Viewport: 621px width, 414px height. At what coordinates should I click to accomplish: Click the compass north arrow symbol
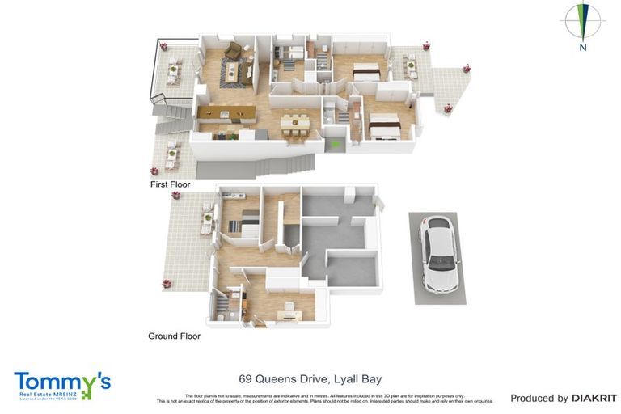582,21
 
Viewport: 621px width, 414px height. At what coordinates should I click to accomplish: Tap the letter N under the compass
582,48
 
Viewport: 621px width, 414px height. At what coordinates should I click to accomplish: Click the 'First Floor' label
170,184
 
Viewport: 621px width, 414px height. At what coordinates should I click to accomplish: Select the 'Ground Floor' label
174,336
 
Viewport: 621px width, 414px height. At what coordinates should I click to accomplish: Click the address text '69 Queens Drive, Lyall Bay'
310,378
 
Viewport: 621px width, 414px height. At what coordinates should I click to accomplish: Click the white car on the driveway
438,254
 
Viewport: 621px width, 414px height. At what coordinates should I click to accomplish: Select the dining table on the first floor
294,124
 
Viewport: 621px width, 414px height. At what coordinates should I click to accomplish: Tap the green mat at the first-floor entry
336,145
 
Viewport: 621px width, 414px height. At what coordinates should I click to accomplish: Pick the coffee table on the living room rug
230,74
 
